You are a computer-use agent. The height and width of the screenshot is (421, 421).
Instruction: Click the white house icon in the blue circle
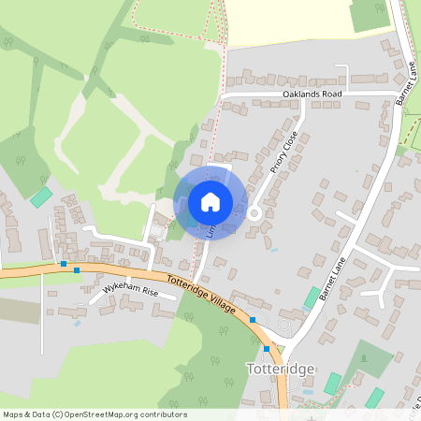pyautogui.click(x=210, y=201)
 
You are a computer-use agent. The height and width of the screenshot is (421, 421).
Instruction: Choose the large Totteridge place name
pyautogui.click(x=281, y=368)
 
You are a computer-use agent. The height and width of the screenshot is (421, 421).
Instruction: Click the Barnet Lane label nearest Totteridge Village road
pyautogui.click(x=332, y=279)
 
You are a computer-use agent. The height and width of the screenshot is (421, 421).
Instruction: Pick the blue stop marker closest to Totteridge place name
pyautogui.click(x=267, y=349)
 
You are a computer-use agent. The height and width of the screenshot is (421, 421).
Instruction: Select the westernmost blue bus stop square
pyautogui.click(x=63, y=265)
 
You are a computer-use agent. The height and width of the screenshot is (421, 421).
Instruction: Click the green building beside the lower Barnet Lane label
pyautogui.click(x=311, y=298)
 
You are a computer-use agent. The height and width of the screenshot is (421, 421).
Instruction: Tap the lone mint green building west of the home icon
pyautogui.click(x=41, y=196)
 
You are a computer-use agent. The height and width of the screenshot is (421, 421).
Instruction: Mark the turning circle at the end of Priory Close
pyautogui.click(x=254, y=213)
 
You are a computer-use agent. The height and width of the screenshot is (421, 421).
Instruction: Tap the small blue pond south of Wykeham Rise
pyautogui.click(x=76, y=325)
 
